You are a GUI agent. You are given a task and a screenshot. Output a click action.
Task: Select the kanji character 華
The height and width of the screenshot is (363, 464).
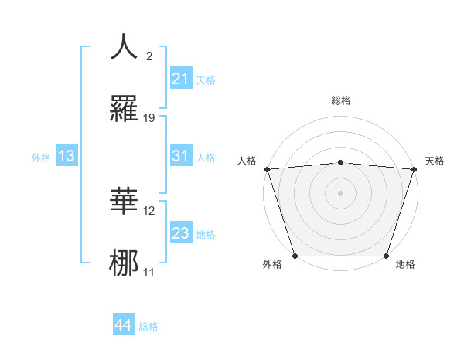click(x=125, y=200)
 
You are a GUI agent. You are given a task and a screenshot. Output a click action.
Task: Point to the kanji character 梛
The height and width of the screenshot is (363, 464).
click(x=125, y=261)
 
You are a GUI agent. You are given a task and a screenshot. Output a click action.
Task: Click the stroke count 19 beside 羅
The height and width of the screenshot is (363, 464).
click(x=149, y=117)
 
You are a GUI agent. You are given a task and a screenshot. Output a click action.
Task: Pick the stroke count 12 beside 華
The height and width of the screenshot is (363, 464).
click(x=149, y=210)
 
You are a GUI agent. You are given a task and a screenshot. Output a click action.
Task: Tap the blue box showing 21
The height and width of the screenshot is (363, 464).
click(x=180, y=78)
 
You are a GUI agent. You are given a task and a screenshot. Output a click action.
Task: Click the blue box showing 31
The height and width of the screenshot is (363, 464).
click(x=180, y=156)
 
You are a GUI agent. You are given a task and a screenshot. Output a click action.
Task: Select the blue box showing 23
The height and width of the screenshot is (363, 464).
click(x=180, y=233)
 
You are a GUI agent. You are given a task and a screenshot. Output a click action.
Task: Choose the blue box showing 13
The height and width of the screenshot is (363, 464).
click(x=66, y=156)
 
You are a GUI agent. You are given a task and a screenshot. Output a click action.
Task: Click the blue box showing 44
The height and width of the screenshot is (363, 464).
click(x=123, y=324)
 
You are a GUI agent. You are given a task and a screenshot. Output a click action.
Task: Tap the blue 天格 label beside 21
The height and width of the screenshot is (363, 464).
click(x=206, y=80)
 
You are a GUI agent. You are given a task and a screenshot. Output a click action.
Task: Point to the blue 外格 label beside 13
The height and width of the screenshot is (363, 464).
click(x=41, y=158)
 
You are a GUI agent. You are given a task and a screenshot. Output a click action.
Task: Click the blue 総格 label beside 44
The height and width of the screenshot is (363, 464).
click(x=148, y=327)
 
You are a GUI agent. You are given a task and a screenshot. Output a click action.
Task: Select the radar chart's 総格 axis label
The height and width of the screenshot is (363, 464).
click(x=340, y=100)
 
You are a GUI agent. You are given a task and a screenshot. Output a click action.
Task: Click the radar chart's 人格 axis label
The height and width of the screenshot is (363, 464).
click(x=247, y=161)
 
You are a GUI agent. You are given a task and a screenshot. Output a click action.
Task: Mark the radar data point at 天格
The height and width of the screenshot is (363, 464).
click(x=414, y=169)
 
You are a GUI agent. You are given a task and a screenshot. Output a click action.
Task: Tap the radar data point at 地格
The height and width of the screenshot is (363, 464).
click(x=386, y=256)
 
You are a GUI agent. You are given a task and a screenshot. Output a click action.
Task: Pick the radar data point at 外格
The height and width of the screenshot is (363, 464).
click(x=295, y=256)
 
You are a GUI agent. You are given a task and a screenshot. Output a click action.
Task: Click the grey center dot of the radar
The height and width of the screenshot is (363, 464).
click(x=340, y=193)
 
